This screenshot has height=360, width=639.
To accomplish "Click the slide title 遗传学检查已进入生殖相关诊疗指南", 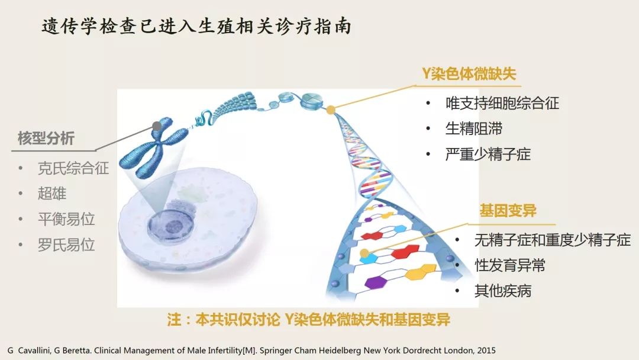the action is [x=196, y=27].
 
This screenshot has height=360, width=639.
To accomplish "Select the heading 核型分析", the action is [x=46, y=138].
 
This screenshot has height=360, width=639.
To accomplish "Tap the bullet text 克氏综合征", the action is [x=73, y=168].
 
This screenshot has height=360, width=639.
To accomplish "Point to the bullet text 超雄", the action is [x=51, y=193].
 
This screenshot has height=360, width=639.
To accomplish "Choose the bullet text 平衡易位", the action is [x=66, y=219].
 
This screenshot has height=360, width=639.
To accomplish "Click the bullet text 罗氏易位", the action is [x=66, y=245].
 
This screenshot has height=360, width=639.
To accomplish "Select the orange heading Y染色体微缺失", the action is [x=469, y=74].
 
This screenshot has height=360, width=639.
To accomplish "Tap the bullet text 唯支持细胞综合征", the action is [x=502, y=103].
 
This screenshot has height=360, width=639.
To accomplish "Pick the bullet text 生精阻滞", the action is [x=473, y=129].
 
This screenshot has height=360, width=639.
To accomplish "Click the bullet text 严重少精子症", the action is [x=488, y=154].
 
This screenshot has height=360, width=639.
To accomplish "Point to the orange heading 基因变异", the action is [x=508, y=211].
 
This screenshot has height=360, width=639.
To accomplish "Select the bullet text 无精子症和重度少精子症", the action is [x=553, y=240].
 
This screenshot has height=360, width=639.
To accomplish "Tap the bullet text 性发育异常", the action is [x=510, y=265].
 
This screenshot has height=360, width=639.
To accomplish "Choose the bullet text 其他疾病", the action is [x=503, y=291].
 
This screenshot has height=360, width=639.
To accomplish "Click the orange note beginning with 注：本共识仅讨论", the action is [x=308, y=319].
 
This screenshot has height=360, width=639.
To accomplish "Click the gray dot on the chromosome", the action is [x=156, y=126].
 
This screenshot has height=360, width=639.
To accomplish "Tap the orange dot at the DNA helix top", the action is [x=331, y=110].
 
